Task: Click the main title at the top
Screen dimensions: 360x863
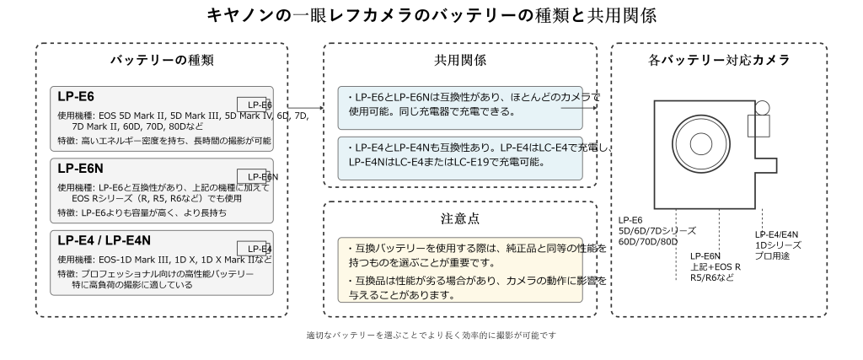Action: click(431, 17)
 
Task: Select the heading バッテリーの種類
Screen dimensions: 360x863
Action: click(162, 61)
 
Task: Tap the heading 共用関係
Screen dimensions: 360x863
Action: click(459, 61)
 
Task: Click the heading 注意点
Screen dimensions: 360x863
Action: click(461, 218)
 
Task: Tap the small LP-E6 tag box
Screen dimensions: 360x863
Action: click(255, 104)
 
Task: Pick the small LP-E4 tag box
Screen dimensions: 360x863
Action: click(255, 248)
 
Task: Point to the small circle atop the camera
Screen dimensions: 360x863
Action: click(762, 109)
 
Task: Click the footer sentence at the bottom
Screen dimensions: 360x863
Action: click(431, 336)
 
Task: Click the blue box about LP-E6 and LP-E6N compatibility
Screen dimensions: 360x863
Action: click(459, 105)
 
